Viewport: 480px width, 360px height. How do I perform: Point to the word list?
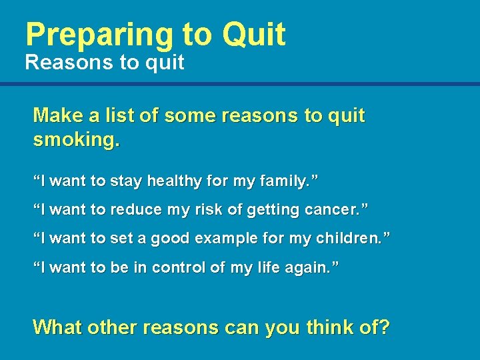[x=119, y=115]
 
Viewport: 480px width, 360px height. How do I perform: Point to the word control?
[x=179, y=268]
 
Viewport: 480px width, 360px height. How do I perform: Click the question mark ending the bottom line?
[x=383, y=327]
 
